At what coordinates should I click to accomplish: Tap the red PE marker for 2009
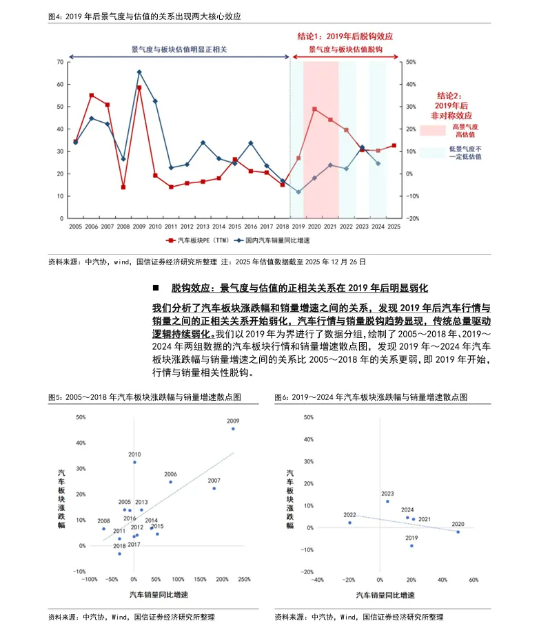(139, 87)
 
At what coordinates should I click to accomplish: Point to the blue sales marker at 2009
(139, 72)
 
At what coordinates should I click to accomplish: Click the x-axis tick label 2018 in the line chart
(283, 226)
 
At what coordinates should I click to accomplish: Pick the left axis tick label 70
(61, 62)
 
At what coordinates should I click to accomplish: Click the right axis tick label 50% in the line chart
(409, 62)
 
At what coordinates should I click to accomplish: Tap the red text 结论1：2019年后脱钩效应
(345, 36)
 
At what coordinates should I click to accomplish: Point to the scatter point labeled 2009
(233, 428)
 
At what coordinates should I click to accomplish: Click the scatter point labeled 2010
(134, 462)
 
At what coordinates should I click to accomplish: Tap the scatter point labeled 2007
(214, 488)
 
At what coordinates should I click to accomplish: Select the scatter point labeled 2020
(458, 531)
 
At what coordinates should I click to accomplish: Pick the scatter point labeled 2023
(387, 501)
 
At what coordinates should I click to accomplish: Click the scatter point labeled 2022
(349, 523)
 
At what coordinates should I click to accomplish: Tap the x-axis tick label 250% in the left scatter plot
(243, 580)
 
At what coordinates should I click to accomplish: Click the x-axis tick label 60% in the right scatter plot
(474, 580)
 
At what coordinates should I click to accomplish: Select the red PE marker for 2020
(314, 109)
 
